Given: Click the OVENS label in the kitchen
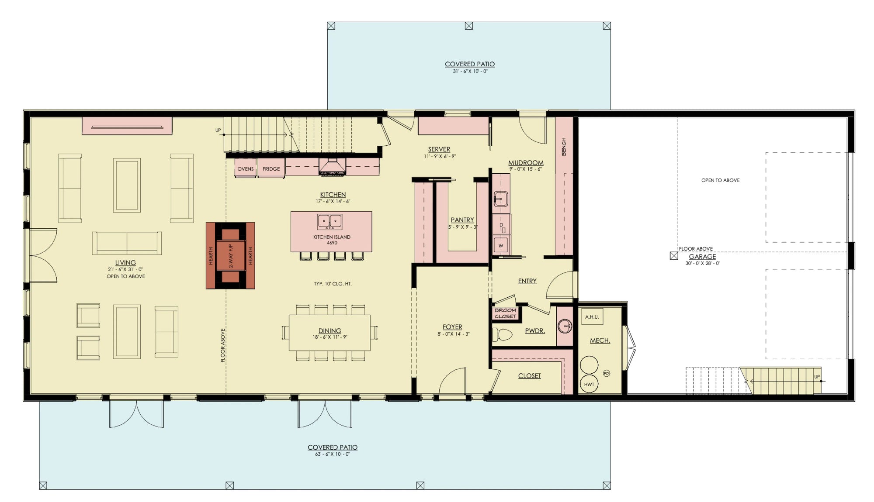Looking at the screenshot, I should coord(246,169).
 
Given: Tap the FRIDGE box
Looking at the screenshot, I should coord(271,169).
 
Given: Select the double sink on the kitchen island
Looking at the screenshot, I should coord(329,222).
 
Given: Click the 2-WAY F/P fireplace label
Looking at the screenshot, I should coord(231,256).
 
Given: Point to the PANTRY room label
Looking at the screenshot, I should coord(462,220).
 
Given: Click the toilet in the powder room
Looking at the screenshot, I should coord(502,335).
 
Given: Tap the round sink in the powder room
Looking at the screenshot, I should coord(565,326).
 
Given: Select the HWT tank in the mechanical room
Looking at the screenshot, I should coord(589,384).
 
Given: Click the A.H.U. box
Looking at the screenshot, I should coord(592,317).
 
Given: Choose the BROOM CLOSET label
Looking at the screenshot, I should coord(505,313).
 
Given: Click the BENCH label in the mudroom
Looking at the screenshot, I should coord(564,147).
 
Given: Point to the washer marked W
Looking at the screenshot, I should coord(501,246).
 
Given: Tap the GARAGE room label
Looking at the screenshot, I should coord(702,257).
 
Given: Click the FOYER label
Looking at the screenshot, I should coord(452,327).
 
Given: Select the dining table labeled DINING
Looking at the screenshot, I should coord(329,333).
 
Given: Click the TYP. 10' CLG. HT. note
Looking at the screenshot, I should coord(333,284).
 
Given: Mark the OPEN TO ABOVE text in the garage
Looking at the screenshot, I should coord(720,180).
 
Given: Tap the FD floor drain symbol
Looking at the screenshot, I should coord(606,373).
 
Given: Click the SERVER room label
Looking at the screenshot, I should coord(439,149).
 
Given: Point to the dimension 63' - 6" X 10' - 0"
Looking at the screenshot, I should coord(333,454).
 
